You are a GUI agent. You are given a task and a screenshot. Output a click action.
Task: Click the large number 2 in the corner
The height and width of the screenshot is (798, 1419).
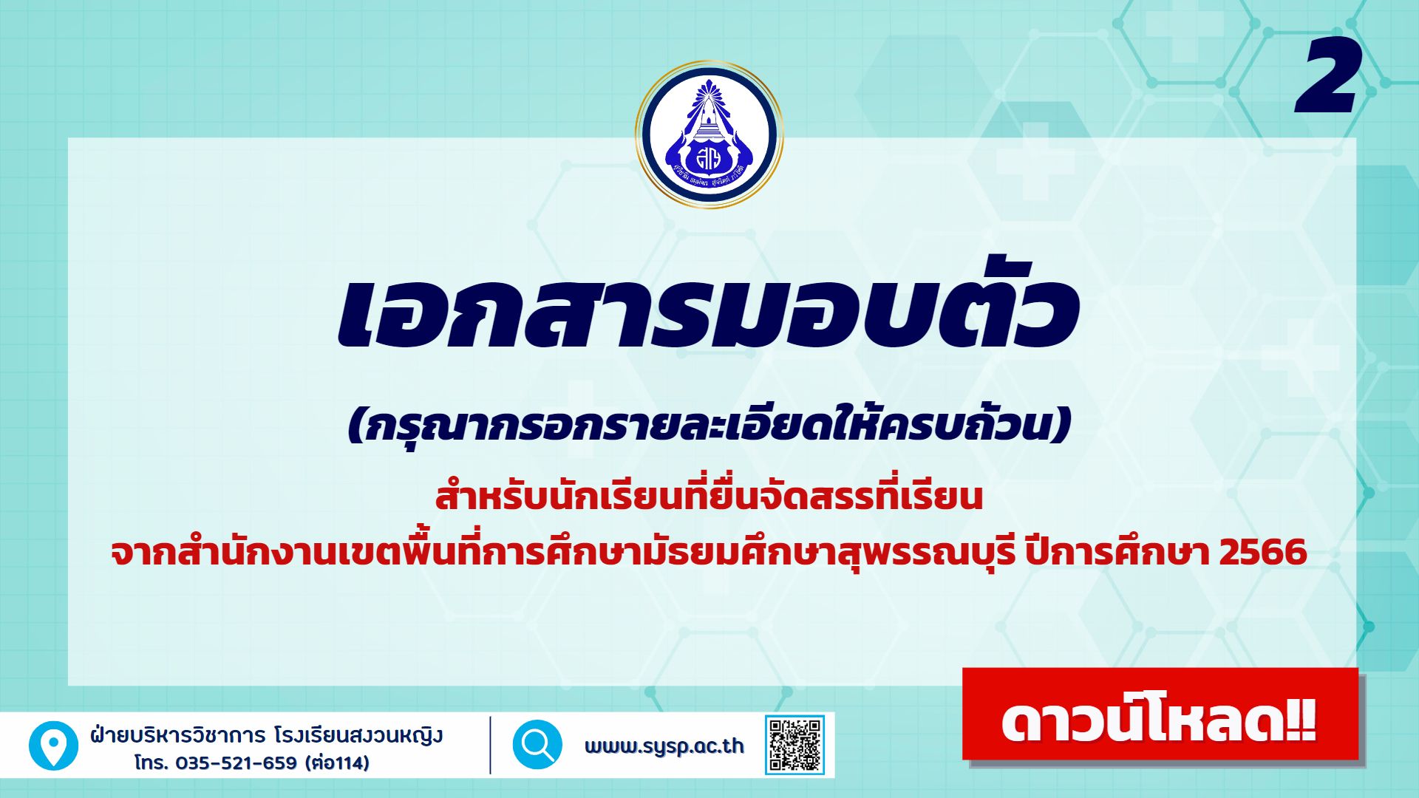point(1328,77)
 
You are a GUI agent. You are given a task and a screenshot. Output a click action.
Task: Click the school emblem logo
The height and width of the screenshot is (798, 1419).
point(709,134)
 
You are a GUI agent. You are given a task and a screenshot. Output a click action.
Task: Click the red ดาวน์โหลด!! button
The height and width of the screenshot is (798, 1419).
point(1160,715)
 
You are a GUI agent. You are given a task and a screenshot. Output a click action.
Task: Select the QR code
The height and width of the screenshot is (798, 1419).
point(794,745)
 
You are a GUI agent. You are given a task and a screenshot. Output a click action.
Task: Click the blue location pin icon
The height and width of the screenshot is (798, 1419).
point(53,746)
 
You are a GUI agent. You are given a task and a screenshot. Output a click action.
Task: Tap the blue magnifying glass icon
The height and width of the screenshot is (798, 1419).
point(537,745)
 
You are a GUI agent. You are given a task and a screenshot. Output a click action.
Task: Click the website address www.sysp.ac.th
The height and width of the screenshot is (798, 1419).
point(664,746)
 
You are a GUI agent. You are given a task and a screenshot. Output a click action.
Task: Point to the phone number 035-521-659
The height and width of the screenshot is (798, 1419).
point(236,763)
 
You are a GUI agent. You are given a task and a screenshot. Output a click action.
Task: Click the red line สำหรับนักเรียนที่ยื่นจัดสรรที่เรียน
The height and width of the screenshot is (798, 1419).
point(709,497)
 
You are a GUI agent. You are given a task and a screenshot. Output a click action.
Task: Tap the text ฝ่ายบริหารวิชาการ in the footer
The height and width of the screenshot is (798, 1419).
point(177,735)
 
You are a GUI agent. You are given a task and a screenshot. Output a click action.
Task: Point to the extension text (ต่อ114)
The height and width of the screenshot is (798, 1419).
point(337,763)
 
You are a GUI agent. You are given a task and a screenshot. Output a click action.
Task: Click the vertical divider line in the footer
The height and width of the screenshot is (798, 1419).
point(490,745)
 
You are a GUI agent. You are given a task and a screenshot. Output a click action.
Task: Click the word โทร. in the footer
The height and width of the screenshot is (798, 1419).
point(152,763)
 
